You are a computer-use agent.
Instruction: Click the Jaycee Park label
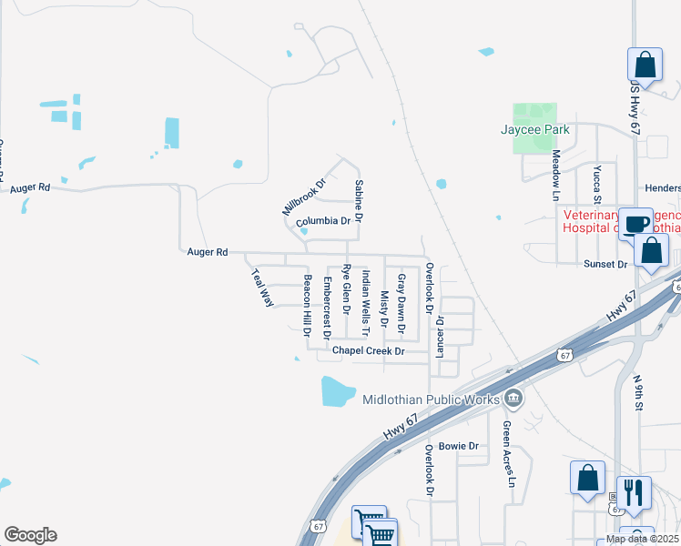pos(535,129)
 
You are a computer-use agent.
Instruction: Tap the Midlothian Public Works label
pos(431,399)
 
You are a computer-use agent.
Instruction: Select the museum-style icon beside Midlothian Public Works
pos(513,398)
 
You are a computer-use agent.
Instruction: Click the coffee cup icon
pos(635,222)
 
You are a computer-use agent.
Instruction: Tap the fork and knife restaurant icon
pos(634,492)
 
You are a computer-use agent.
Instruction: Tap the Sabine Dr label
pos(358,202)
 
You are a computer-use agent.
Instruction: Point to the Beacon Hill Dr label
pos(308,306)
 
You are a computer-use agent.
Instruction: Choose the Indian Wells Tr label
pos(365,292)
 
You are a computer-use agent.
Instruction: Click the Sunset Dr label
pos(605,264)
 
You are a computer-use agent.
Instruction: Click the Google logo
pos(30,535)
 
